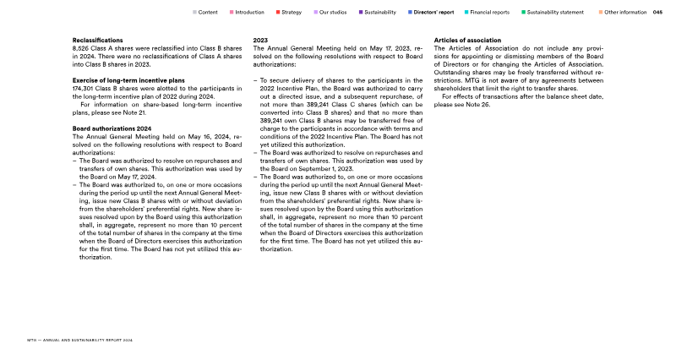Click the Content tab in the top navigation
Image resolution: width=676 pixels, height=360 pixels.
pyautogui.click(x=208, y=13)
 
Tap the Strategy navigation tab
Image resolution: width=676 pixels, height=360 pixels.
pyautogui.click(x=291, y=13)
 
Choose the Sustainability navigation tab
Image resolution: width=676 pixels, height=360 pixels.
pyautogui.click(x=379, y=13)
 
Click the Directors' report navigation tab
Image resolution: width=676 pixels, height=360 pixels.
pyautogui.click(x=434, y=13)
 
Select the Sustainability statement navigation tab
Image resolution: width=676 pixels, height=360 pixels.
pyautogui.click(x=553, y=13)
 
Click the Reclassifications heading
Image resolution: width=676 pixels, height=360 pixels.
pyautogui.click(x=99, y=41)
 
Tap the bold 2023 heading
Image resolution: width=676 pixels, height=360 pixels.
pyautogui.click(x=261, y=41)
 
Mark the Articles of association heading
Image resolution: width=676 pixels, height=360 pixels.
pyautogui.click(x=466, y=41)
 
